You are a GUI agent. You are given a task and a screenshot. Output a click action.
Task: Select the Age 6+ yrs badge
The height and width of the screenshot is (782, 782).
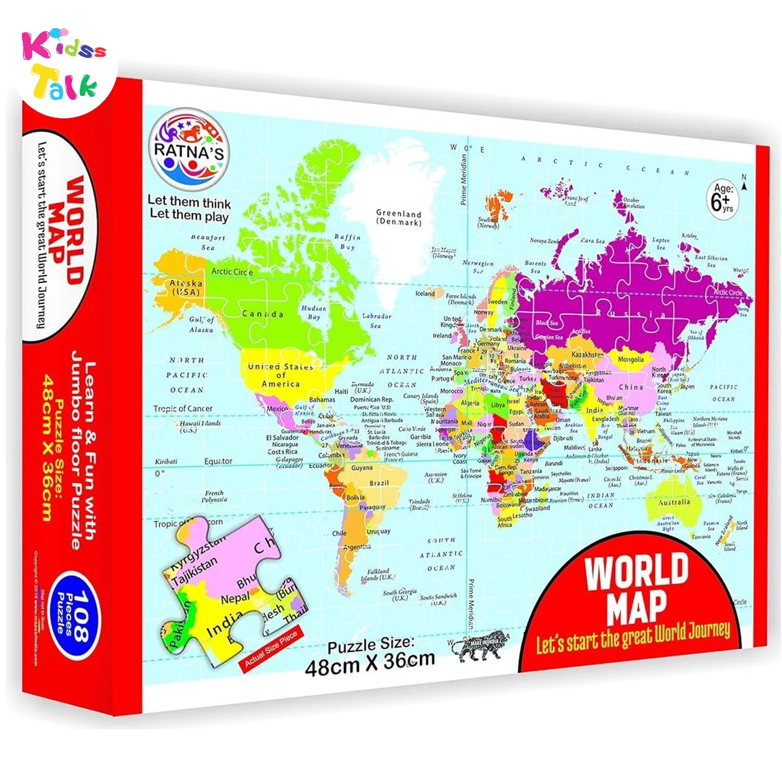[x=723, y=199]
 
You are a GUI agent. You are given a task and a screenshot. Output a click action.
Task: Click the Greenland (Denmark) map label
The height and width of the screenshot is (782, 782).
[x=399, y=217]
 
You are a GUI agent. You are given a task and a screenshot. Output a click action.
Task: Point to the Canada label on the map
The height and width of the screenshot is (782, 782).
[x=263, y=314]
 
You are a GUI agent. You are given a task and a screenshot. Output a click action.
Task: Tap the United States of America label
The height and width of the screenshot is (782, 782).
[x=280, y=375]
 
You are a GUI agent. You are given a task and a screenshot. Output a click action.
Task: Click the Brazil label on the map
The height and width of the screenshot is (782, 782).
[x=379, y=483]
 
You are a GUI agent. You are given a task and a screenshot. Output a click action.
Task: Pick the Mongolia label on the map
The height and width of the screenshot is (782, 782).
[x=630, y=359]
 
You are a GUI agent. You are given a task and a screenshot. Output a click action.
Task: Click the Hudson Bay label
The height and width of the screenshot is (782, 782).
[x=313, y=312]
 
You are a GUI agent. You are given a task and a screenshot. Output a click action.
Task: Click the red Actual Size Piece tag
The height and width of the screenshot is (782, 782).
[x=270, y=649]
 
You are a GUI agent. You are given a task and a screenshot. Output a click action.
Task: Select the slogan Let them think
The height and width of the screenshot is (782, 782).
[x=189, y=201]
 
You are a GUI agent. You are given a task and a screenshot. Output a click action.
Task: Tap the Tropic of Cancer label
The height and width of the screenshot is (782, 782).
[x=183, y=408]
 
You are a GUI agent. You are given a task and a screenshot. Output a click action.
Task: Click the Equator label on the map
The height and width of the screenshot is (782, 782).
[x=218, y=461]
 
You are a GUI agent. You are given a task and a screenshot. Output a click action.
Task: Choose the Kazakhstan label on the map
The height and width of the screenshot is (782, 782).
[x=588, y=355]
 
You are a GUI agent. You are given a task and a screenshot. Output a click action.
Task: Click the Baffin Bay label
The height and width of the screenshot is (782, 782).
[x=347, y=241]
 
